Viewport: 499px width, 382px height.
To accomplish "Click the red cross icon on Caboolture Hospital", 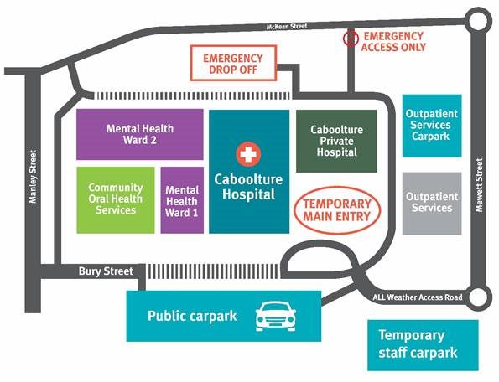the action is pyautogui.click(x=248, y=154).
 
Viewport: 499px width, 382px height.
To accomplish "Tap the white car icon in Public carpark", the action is pyautogui.click(x=276, y=317).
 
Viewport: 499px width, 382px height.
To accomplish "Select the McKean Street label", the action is pyautogui.click(x=287, y=26).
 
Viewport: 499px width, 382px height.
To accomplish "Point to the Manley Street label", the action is pyautogui.click(x=33, y=177).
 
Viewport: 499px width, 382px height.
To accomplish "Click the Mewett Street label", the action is pyautogui.click(x=479, y=185).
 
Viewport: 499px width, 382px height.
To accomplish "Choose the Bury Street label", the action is pyautogui.click(x=106, y=271).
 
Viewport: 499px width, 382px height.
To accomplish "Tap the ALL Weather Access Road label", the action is pyautogui.click(x=418, y=297).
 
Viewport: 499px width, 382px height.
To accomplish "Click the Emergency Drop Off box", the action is pyautogui.click(x=234, y=63).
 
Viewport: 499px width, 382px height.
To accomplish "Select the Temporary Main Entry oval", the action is pyautogui.click(x=337, y=210).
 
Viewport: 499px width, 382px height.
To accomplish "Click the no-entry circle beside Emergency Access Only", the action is pyautogui.click(x=351, y=39).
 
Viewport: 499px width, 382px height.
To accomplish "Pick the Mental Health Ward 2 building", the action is pyautogui.click(x=140, y=134).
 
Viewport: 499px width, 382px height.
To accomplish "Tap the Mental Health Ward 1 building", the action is pyautogui.click(x=182, y=200).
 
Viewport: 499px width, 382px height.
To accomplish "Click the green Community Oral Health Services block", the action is pyautogui.click(x=116, y=200).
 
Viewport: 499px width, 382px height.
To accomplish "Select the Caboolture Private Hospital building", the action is pyautogui.click(x=336, y=141).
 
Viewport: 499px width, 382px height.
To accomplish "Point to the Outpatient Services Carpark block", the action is pyautogui.click(x=432, y=126).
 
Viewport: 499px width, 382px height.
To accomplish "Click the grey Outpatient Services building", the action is pyautogui.click(x=432, y=204).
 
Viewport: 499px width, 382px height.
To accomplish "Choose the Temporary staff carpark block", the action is pyautogui.click(x=423, y=345).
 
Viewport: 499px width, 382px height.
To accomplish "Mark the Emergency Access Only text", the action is pyautogui.click(x=393, y=42).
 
